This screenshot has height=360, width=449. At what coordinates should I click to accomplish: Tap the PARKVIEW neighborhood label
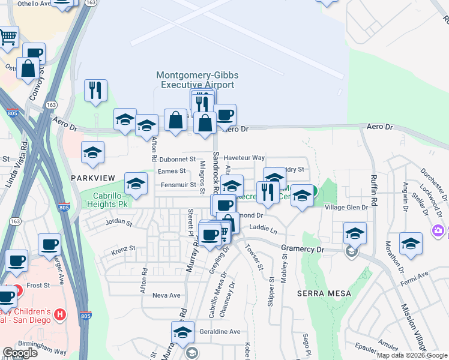(x=92, y=178)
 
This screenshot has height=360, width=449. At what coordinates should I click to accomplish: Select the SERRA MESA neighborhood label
(x=319, y=293)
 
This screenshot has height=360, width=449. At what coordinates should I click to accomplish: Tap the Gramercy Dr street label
(x=303, y=248)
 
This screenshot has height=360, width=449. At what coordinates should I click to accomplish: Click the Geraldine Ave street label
(x=220, y=331)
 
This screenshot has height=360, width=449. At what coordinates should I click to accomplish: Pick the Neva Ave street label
(x=166, y=295)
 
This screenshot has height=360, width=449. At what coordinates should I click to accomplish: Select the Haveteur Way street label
(x=244, y=158)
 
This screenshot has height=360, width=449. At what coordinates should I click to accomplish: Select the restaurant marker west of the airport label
(x=95, y=90)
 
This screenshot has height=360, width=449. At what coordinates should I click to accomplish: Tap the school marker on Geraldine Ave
(x=182, y=331)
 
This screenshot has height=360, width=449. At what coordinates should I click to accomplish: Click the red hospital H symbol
(x=59, y=314)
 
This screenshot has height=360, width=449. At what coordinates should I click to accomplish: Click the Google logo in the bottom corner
(x=20, y=353)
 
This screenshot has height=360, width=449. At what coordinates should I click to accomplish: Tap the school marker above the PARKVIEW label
(x=93, y=152)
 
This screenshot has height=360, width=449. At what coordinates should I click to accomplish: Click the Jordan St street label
(x=118, y=223)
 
